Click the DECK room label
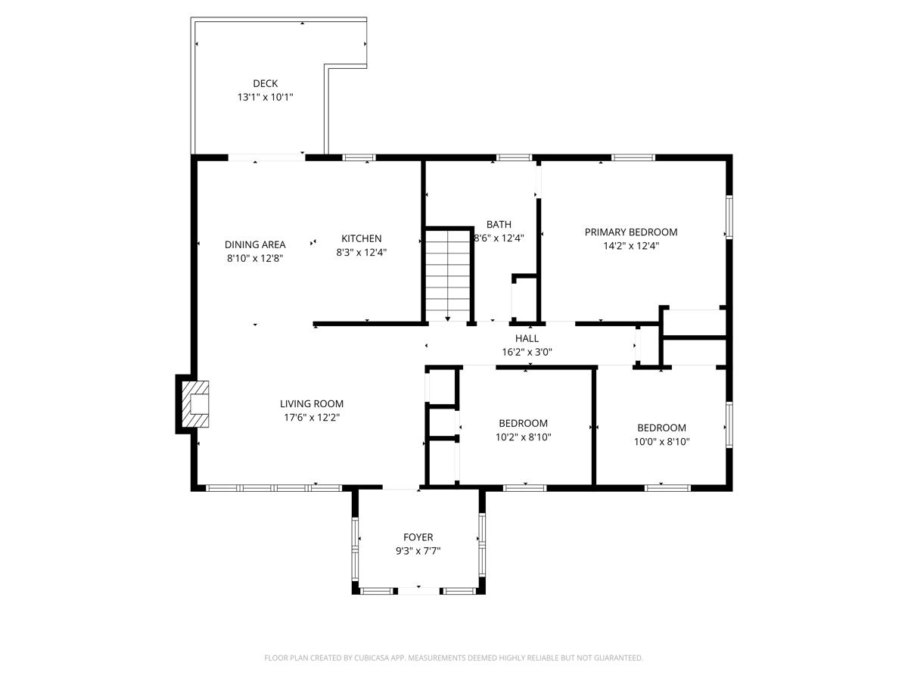(265, 83)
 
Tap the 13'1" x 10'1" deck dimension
(265, 98)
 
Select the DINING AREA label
(255, 244)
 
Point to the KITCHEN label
(361, 238)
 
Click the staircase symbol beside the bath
(447, 274)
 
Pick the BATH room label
(499, 224)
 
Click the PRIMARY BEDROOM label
(631, 232)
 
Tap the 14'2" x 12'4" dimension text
(631, 246)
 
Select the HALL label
(527, 338)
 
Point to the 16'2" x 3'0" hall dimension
(527, 352)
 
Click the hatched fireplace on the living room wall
(195, 404)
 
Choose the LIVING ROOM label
(312, 404)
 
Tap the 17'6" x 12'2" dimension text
(312, 418)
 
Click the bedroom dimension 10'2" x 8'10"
(523, 437)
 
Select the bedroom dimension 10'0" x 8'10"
(661, 442)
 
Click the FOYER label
(418, 537)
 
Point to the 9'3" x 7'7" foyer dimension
(418, 552)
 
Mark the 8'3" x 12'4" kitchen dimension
(361, 253)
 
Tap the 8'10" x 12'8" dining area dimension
(255, 258)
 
